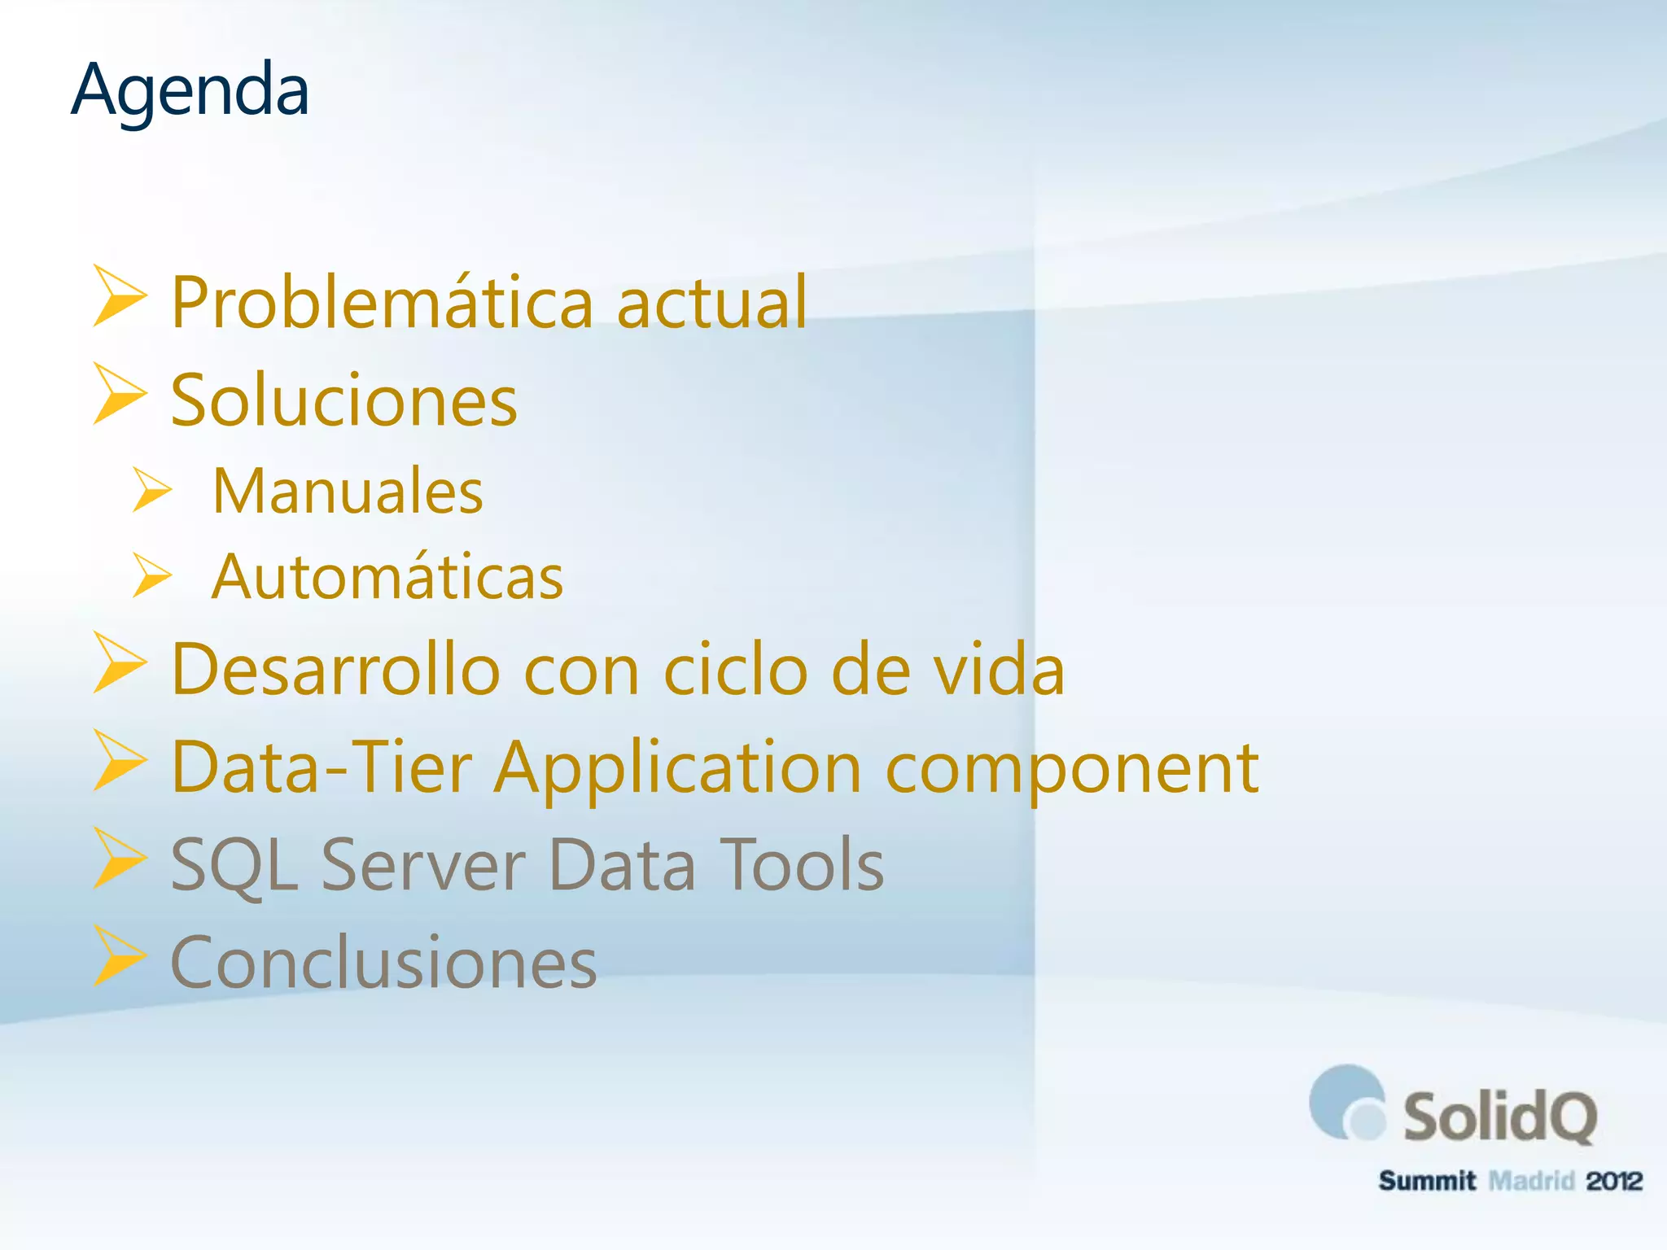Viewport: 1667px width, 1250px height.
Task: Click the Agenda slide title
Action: tap(190, 91)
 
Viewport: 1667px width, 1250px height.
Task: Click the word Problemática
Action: tap(383, 303)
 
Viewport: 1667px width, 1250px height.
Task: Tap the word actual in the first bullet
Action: tap(711, 303)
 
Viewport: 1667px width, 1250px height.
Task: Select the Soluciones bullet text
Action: tap(343, 400)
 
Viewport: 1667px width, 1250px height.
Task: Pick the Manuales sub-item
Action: tap(348, 492)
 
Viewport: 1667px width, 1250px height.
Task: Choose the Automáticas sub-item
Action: tap(387, 577)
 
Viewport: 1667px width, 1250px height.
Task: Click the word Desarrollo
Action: tap(335, 670)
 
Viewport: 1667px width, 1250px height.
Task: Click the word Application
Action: tap(678, 769)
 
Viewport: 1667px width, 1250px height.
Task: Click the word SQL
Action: tap(234, 865)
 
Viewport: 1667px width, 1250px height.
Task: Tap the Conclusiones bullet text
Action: tap(383, 963)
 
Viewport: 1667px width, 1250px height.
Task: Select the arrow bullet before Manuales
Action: tap(151, 490)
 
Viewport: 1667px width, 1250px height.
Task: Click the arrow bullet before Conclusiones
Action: tap(119, 956)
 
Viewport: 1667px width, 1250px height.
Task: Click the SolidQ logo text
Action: tap(1499, 1117)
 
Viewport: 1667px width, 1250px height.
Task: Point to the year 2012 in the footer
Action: tap(1613, 1181)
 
